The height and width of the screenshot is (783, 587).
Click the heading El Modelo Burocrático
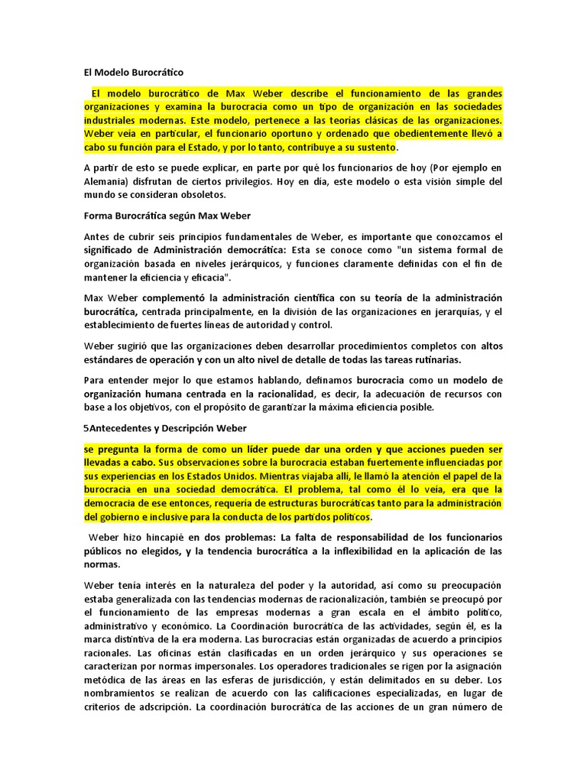[x=134, y=73]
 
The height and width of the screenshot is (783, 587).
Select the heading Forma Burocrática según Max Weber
[x=167, y=216]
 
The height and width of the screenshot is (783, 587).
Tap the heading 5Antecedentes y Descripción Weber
[x=165, y=428]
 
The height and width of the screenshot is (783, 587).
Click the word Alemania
[x=105, y=181]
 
